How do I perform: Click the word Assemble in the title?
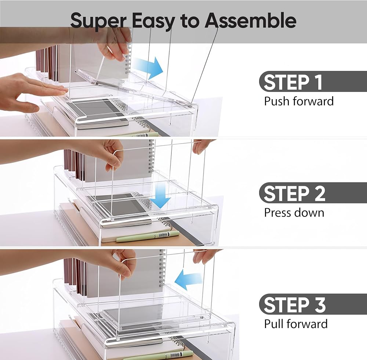tap(250, 20)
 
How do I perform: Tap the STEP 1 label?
tap(293, 82)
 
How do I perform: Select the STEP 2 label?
tap(294, 193)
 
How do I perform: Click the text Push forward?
tap(299, 101)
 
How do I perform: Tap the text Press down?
tap(294, 213)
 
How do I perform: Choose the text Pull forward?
tap(296, 324)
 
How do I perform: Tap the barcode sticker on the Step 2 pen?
tap(163, 234)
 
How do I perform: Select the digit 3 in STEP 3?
tap(320, 305)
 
